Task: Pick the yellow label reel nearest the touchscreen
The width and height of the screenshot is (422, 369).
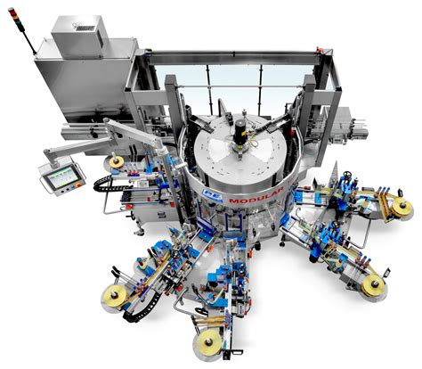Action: coord(117,163)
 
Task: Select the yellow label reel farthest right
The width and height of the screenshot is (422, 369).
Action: coord(402,208)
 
